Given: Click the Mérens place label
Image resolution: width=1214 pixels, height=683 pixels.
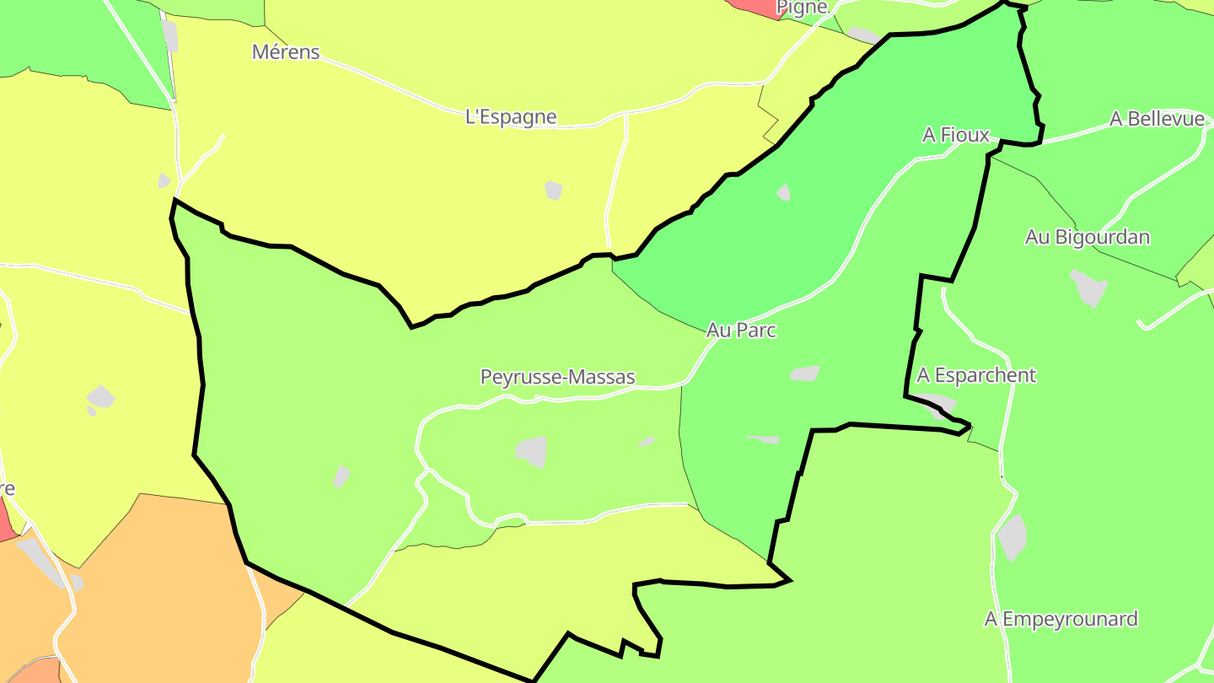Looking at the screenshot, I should [287, 51].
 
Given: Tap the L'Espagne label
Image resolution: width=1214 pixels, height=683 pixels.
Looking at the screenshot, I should [511, 116].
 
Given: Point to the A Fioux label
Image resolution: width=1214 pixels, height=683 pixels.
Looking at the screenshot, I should [956, 135].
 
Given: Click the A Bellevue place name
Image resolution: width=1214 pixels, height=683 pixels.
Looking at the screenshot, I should [1157, 119].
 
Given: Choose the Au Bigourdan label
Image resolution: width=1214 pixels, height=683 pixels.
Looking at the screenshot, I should [1087, 237].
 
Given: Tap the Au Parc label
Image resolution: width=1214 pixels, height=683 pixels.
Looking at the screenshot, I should [741, 330].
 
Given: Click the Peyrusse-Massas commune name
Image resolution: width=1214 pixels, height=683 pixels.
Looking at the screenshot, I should [557, 377].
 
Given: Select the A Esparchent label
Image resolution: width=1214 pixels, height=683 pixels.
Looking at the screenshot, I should [976, 374].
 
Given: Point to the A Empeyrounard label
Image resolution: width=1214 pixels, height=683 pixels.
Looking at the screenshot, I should [1061, 619].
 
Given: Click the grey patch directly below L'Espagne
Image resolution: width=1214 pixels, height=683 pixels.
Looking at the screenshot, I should [553, 191].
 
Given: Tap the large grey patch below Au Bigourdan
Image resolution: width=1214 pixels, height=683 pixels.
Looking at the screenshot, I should [1088, 288].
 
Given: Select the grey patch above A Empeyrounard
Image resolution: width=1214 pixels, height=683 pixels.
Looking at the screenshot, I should [1012, 537].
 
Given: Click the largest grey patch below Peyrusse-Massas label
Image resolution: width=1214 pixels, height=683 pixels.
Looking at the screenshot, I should [532, 451].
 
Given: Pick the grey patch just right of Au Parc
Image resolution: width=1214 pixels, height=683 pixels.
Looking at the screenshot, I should [805, 373].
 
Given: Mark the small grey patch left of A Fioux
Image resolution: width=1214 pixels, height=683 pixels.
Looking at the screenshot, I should [784, 192].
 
